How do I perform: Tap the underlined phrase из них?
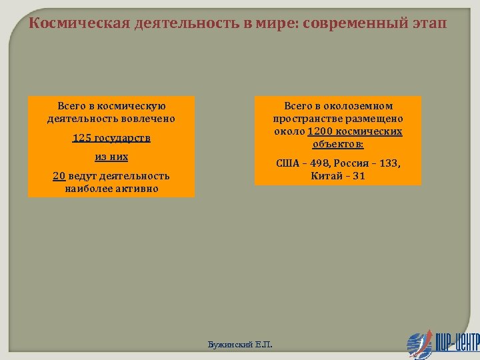[111, 157]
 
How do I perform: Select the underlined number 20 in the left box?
[59, 176]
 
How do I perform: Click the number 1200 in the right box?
[319, 131]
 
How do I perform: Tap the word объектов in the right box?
[337, 143]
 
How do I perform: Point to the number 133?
[391, 163]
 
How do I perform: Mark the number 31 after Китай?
[359, 176]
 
